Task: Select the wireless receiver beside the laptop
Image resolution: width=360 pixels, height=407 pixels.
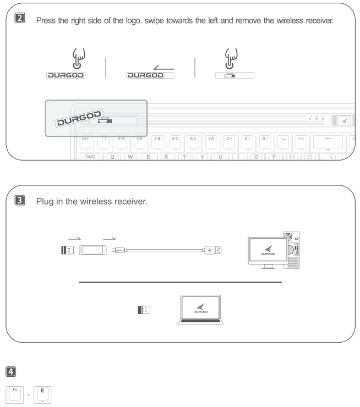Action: tap(145, 310)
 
